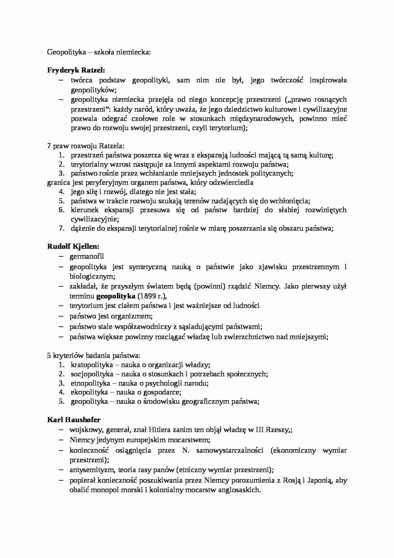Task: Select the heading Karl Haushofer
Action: [74, 420]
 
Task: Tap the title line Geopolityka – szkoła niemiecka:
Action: [98, 52]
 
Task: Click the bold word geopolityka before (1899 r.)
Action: [116, 296]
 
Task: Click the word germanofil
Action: [87, 256]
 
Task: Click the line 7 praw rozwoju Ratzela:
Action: [86, 146]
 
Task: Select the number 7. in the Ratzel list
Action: [62, 228]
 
